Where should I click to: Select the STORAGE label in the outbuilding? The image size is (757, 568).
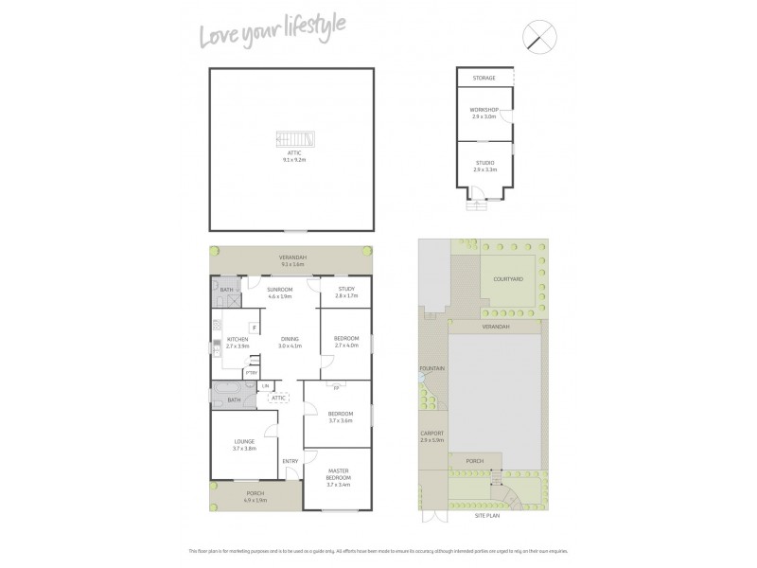click(484, 79)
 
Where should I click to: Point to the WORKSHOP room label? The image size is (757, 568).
click(484, 110)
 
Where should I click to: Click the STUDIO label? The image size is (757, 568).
click(484, 163)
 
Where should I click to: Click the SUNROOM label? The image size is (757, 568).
click(279, 289)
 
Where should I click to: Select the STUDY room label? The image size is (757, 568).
click(347, 289)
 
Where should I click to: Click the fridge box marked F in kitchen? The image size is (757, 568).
click(254, 328)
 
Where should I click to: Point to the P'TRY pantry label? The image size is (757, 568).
click(252, 374)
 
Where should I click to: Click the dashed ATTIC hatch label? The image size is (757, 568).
click(278, 398)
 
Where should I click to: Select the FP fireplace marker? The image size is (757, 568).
click(336, 386)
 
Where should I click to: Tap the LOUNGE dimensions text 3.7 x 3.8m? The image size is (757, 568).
click(245, 448)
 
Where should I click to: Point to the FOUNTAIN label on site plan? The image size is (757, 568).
click(431, 368)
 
